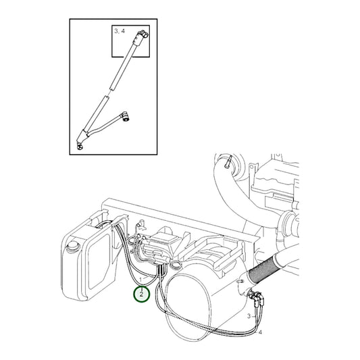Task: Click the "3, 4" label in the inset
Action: pos(120,31)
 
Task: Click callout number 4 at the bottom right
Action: pos(259,332)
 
